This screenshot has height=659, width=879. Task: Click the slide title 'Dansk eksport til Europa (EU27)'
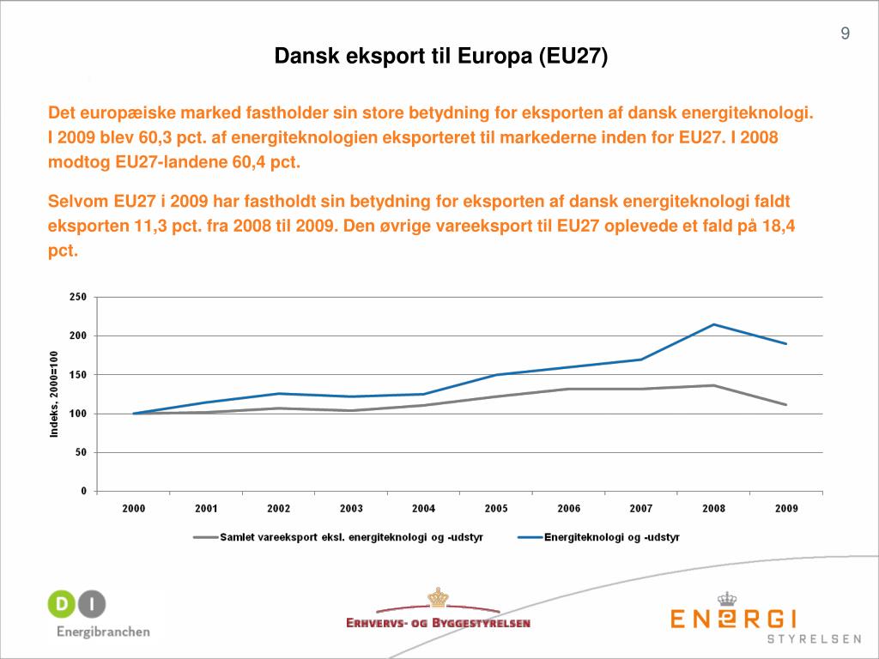click(440, 57)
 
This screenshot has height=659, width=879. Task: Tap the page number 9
click(846, 34)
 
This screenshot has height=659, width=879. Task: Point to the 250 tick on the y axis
click(78, 297)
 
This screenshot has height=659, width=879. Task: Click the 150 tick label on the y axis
click(78, 375)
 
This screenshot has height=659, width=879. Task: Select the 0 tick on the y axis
click(83, 492)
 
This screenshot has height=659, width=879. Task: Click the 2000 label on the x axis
click(133, 509)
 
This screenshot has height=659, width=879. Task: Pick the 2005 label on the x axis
click(496, 509)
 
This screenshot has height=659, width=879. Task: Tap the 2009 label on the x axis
click(786, 509)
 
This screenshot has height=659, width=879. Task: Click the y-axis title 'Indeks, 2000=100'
click(54, 394)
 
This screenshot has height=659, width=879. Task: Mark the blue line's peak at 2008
click(713, 324)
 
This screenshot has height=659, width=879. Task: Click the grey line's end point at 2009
click(786, 405)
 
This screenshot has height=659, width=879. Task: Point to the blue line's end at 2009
click(786, 344)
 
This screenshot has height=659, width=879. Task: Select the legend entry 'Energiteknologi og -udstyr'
click(611, 537)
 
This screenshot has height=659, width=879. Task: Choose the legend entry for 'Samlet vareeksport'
click(343, 537)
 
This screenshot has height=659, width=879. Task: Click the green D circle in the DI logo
click(61, 604)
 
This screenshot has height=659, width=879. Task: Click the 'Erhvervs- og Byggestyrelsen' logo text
click(438, 623)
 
